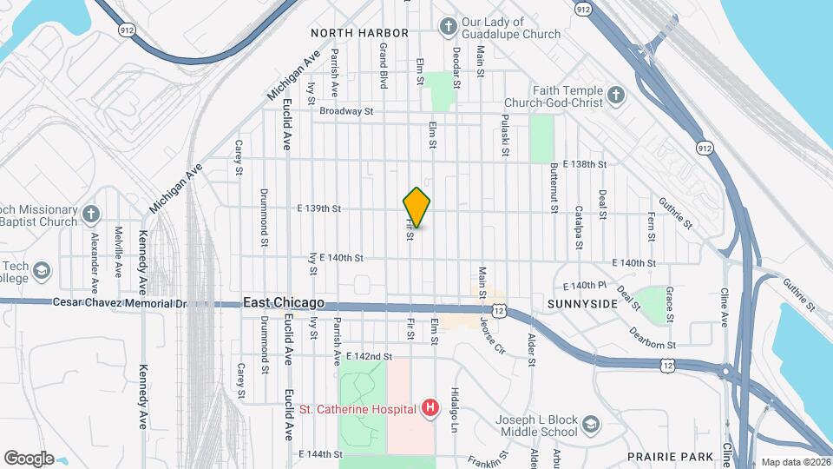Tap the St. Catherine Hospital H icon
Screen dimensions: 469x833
tap(429, 407)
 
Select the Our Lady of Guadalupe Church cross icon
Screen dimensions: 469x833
tap(448, 28)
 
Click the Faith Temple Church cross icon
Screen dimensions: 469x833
tap(615, 96)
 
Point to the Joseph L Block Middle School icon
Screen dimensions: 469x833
tap(591, 425)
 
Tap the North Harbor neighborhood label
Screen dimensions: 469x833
tap(359, 33)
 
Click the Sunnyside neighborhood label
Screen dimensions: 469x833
tap(582, 304)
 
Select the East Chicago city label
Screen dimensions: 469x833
tap(284, 303)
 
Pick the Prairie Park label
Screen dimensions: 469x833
tap(673, 456)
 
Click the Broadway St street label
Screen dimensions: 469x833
tap(345, 111)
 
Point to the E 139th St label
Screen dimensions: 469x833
tap(318, 208)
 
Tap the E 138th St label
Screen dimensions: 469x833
tap(584, 163)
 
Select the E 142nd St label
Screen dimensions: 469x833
tap(369, 356)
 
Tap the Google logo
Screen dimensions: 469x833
tap(29, 459)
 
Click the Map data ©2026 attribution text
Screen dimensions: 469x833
tap(794, 462)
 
